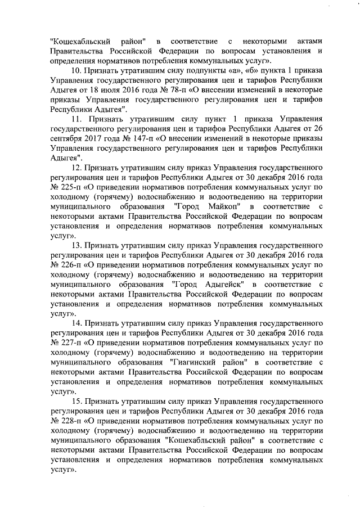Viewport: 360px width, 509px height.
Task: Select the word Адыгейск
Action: click(218, 285)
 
